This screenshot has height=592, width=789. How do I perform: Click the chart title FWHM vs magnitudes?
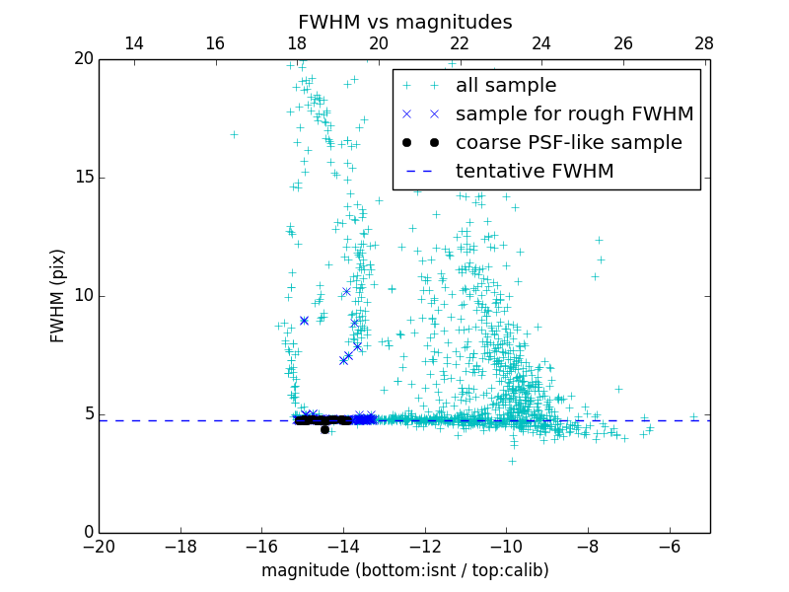404,22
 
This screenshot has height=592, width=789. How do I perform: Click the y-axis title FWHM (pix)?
58,296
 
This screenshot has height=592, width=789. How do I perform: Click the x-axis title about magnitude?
404,570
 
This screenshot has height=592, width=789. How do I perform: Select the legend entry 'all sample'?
506,86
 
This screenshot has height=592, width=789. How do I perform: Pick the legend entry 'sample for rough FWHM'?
574,114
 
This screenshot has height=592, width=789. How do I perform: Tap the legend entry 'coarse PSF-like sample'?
568,143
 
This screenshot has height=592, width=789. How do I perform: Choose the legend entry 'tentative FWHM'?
535,172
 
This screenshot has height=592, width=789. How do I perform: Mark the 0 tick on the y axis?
87,533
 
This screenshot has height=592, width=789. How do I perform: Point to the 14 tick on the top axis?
133,43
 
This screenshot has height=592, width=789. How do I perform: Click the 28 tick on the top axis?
704,43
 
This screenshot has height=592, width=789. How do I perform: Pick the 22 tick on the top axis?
460,43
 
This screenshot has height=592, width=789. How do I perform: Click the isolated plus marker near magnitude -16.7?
234,134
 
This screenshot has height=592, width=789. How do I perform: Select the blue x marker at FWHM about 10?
346,291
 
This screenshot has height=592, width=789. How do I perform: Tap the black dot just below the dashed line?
324,429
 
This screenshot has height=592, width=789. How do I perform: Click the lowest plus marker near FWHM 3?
512,461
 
